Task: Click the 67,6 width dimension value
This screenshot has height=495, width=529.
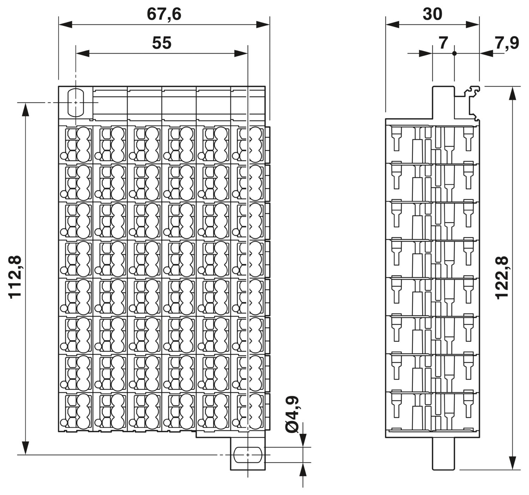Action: (x=164, y=14)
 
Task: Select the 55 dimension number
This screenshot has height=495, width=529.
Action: (x=162, y=43)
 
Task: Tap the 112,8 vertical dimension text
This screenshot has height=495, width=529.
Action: (x=15, y=277)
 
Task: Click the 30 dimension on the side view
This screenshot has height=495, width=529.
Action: (x=432, y=14)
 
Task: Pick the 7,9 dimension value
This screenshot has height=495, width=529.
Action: (x=507, y=43)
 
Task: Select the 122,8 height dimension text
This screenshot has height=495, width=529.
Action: (x=502, y=278)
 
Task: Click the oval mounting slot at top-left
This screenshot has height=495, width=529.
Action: (x=76, y=102)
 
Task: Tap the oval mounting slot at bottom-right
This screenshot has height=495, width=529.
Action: (x=248, y=455)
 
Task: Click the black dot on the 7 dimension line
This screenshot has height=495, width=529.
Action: (x=455, y=54)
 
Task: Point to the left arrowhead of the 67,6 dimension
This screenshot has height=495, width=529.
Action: (x=65, y=25)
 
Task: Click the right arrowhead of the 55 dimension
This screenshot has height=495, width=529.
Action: (x=241, y=54)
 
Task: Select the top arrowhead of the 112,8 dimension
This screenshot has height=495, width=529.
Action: (x=25, y=109)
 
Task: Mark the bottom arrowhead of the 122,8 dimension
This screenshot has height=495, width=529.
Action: (x=512, y=463)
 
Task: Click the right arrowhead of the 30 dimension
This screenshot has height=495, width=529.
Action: (x=473, y=25)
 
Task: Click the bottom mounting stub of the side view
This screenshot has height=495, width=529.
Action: (x=443, y=454)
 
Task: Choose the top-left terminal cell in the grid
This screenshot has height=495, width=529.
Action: (x=76, y=145)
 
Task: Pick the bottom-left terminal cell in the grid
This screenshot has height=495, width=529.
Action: (x=76, y=412)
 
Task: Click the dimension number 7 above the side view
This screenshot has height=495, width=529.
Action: (x=443, y=43)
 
